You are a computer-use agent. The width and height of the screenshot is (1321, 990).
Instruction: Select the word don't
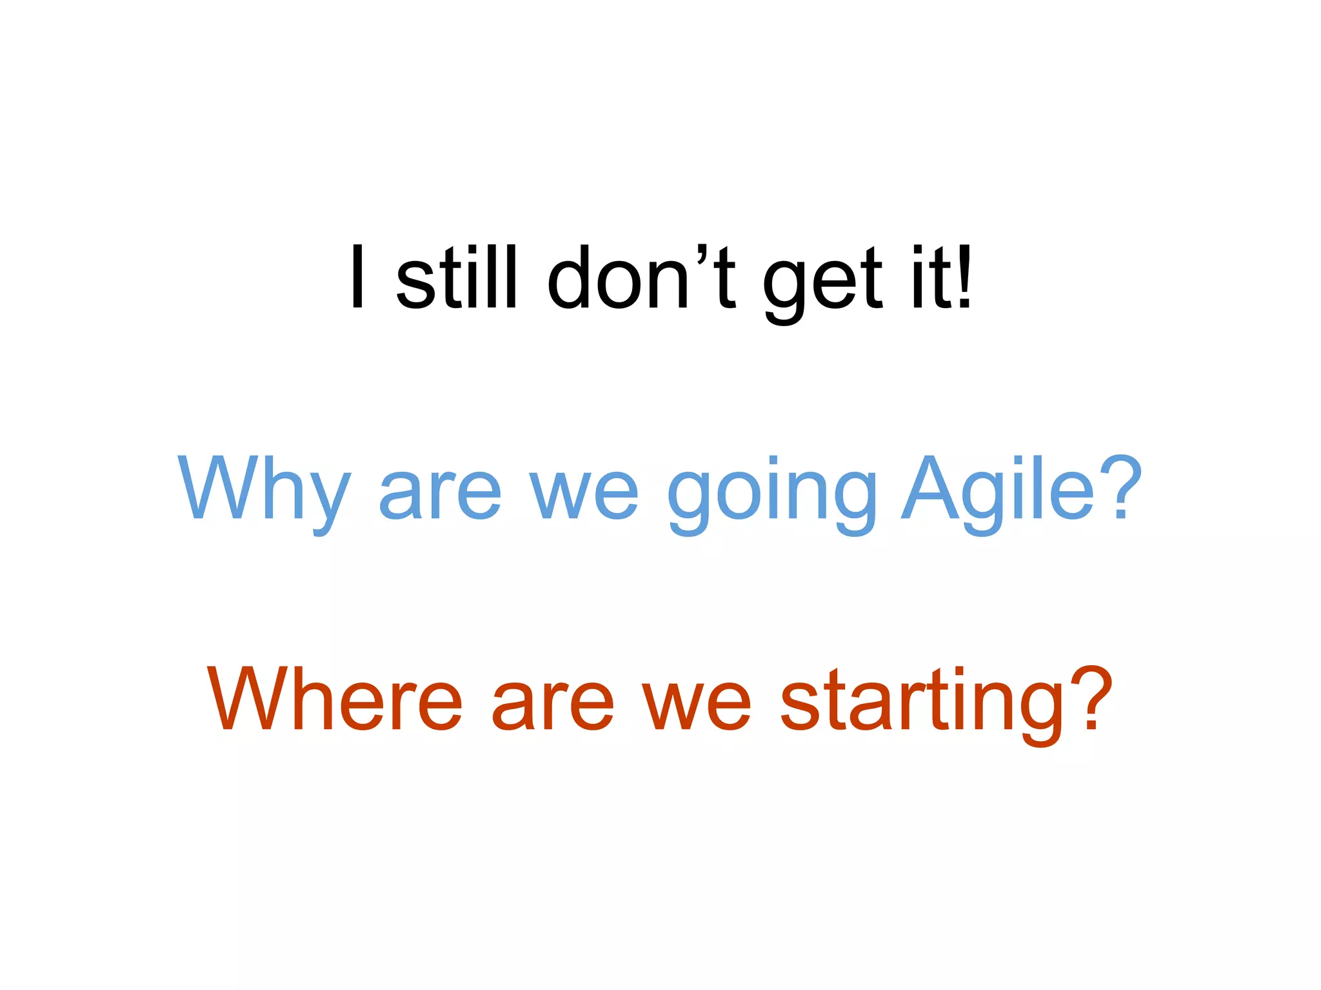pos(641,278)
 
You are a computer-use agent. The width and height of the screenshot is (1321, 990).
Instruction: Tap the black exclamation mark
pos(964,278)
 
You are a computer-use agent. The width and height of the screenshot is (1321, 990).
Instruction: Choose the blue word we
pos(584,496)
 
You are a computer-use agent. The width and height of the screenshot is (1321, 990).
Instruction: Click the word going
pos(771,496)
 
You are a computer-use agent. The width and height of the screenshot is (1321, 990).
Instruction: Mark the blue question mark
pos(1121,488)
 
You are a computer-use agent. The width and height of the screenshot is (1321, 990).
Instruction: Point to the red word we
pos(697,707)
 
